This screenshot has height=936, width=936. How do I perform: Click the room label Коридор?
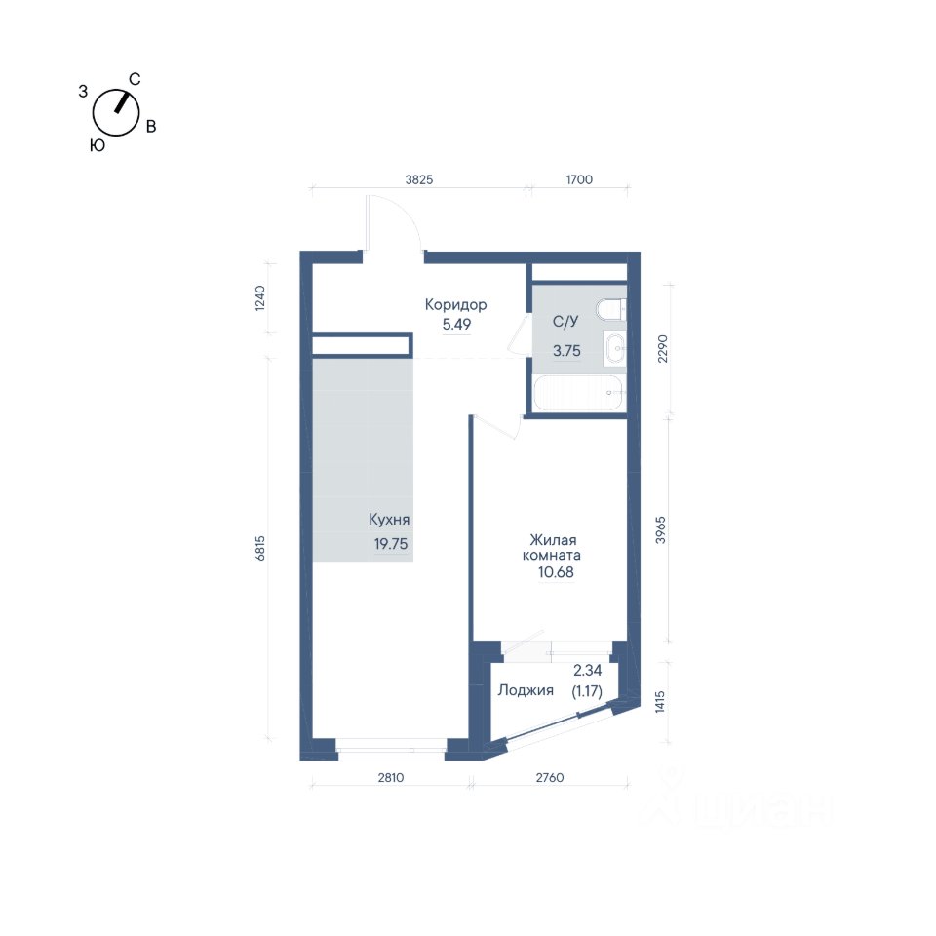pyautogui.click(x=455, y=305)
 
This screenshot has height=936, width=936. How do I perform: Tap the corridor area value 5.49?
pyautogui.click(x=456, y=324)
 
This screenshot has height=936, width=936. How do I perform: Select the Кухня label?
pyautogui.click(x=389, y=520)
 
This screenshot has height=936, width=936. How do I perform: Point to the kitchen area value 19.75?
pyautogui.click(x=391, y=544)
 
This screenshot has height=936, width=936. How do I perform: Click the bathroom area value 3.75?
pyautogui.click(x=566, y=351)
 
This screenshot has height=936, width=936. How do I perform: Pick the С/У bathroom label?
pyautogui.click(x=565, y=321)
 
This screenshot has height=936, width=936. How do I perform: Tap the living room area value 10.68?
pyautogui.click(x=556, y=572)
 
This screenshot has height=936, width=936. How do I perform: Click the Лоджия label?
pyautogui.click(x=526, y=690)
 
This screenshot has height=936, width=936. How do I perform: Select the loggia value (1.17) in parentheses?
pyautogui.click(x=587, y=691)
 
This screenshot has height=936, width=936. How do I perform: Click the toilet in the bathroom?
pyautogui.click(x=610, y=309)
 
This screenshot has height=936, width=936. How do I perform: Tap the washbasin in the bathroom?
pyautogui.click(x=614, y=347)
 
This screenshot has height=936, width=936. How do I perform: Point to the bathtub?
pyautogui.click(x=578, y=393)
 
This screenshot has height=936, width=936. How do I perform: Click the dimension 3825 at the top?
pyautogui.click(x=419, y=179)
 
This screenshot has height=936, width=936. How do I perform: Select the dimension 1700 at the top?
pyautogui.click(x=579, y=179)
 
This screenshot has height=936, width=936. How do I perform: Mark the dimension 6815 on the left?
pyautogui.click(x=259, y=548)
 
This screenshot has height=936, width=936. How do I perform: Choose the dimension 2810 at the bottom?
pyautogui.click(x=390, y=777)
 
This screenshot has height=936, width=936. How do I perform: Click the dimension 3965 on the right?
pyautogui.click(x=660, y=529)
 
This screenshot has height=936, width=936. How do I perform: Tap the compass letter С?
pyautogui.click(x=135, y=79)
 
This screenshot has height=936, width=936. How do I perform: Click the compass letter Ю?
pyautogui.click(x=97, y=145)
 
